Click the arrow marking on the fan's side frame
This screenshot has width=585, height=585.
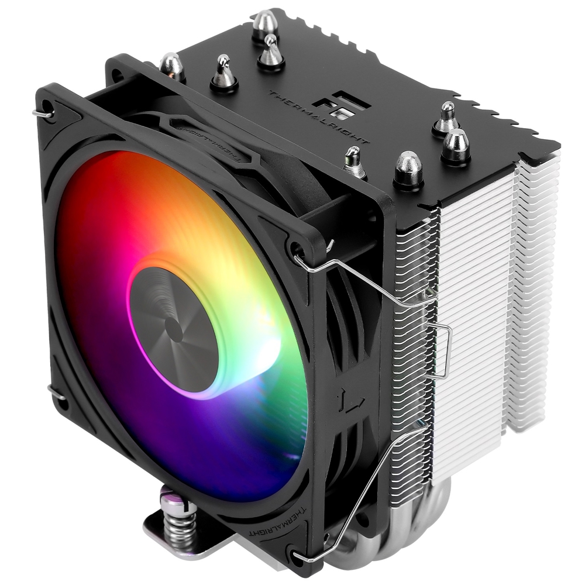pos(351,404)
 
